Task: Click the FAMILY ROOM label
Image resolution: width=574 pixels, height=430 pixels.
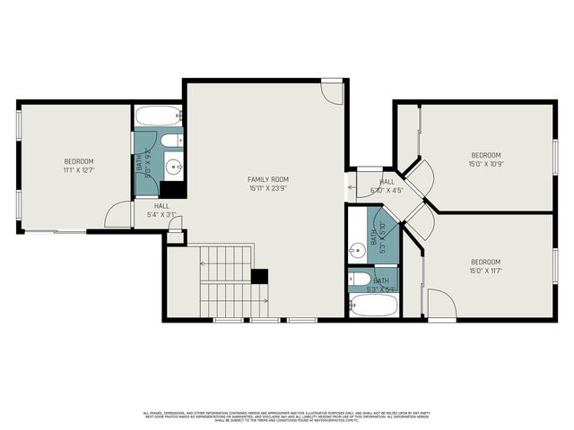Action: (268, 179)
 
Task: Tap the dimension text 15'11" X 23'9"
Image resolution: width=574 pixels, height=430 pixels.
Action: (268, 188)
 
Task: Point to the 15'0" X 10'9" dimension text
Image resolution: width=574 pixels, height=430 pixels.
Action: (485, 163)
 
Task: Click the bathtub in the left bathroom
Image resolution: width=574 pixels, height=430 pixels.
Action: (159, 116)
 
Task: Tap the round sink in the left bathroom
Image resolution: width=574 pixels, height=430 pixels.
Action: (172, 166)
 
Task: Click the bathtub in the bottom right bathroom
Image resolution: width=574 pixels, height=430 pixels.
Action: (374, 305)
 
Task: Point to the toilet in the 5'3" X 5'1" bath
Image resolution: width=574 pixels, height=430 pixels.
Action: (359, 279)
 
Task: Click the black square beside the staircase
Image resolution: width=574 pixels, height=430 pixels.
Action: (260, 277)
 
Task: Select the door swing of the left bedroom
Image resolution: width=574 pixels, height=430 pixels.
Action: (117, 215)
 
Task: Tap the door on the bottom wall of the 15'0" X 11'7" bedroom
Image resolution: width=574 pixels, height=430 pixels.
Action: (441, 304)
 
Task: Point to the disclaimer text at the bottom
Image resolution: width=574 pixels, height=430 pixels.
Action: (287, 416)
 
